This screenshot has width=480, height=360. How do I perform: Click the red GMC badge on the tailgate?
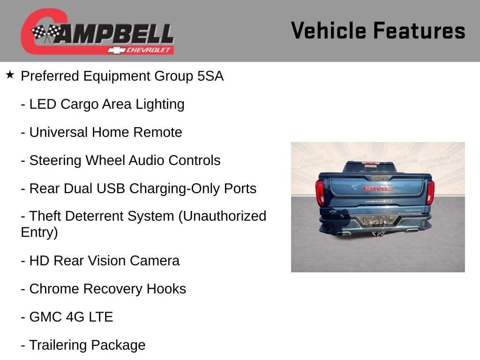pos(378,188)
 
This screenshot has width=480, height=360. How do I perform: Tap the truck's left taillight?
pos(320,192)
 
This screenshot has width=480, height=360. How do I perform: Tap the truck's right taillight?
pos(430,192)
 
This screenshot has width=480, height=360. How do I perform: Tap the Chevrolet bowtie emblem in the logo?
pos(115,50)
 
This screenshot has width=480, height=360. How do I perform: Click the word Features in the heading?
pos(419,30)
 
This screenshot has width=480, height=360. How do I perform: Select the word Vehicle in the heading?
pos(329,30)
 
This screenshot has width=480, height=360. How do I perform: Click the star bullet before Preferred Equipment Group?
pos(10,75)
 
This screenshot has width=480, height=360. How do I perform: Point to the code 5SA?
pos(210,76)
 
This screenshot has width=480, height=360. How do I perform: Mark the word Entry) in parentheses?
pos(39,232)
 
